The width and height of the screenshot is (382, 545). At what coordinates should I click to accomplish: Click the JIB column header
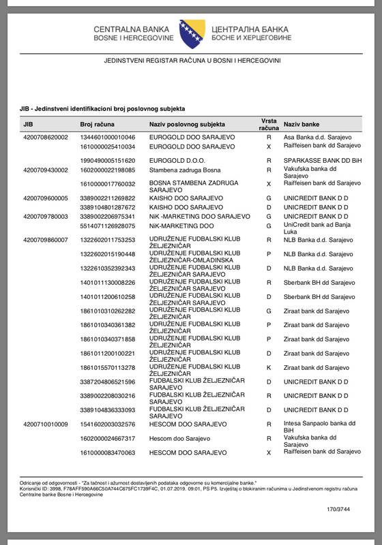28,125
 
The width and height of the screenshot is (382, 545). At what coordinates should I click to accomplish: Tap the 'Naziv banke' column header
302,125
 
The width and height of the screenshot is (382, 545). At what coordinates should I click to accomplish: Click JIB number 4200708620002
46,137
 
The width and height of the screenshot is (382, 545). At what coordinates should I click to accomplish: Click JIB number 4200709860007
46,240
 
